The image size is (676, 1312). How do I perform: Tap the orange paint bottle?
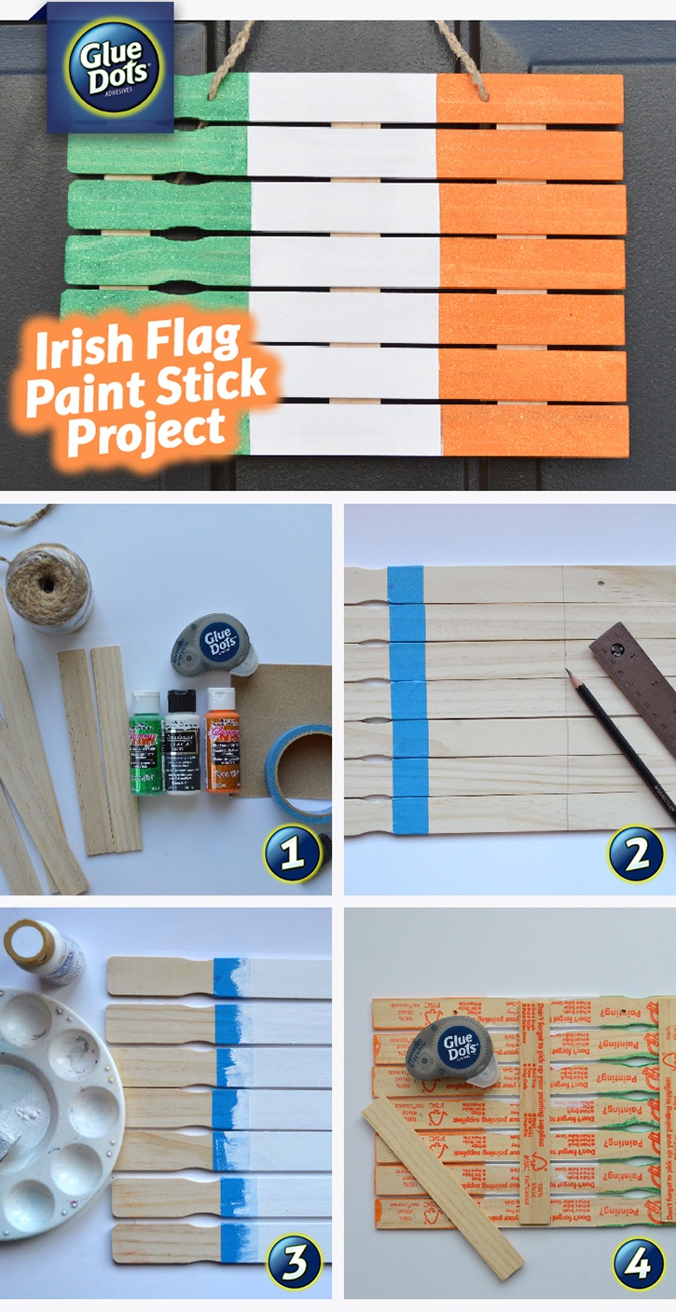(222, 740)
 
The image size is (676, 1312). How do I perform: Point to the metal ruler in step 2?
(639, 676)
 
